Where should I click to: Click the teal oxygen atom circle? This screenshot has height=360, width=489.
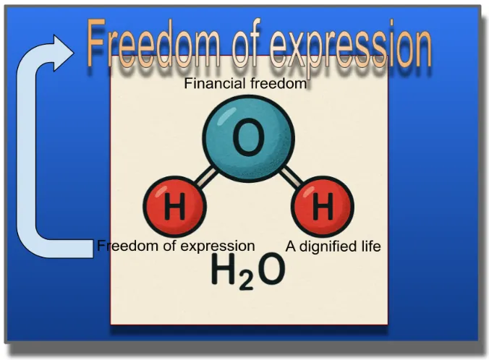249,139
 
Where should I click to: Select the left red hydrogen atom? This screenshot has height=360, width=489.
174,207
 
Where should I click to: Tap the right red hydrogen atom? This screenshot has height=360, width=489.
323,207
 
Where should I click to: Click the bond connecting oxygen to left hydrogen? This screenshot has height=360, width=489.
206,178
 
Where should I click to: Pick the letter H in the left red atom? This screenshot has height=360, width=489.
174,206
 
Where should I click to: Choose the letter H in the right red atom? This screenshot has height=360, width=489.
323,206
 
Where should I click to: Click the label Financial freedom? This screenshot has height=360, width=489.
245,84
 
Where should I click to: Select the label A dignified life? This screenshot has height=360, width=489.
333,247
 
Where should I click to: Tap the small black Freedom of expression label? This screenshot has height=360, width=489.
176,246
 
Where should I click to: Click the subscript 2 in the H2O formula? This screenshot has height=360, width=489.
246,280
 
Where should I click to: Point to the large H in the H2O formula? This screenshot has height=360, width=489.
224,269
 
